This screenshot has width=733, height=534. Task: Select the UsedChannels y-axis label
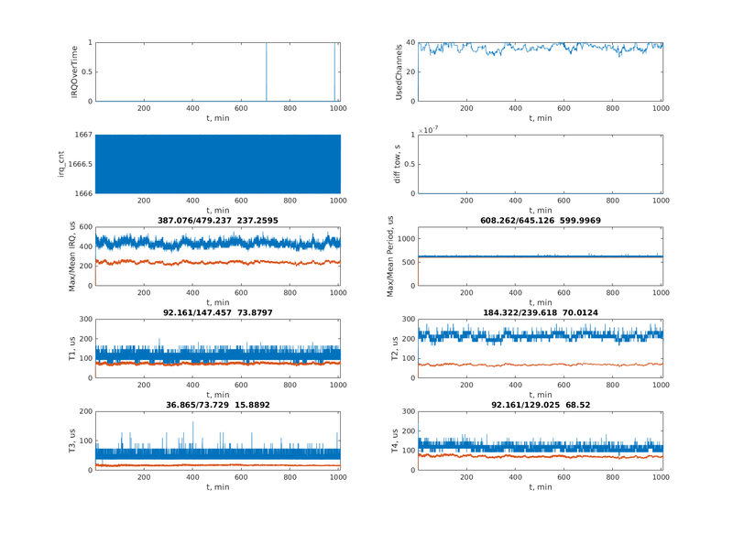[399, 71]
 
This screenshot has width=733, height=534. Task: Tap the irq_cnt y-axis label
[60, 163]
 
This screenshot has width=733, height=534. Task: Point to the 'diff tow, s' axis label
[399, 163]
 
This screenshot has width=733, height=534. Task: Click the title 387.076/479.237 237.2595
[217, 221]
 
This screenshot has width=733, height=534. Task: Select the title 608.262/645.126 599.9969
[541, 221]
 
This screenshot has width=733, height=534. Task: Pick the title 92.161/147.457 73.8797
[217, 312]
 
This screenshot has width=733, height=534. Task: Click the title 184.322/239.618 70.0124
[541, 312]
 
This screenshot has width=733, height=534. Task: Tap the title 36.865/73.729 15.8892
[217, 404]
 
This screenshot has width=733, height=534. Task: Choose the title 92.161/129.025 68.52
[541, 404]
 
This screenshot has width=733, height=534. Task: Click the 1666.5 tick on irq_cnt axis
[75, 164]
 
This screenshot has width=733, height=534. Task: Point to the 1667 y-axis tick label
[81, 135]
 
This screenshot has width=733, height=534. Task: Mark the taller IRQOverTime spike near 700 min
[267, 71]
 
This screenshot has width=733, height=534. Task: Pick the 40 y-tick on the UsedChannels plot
[410, 42]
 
